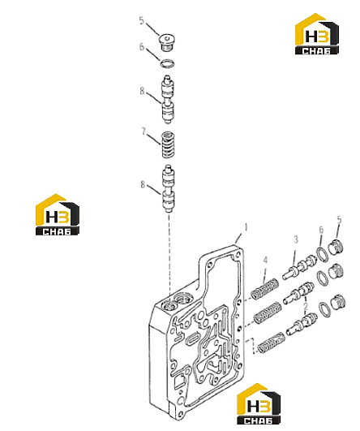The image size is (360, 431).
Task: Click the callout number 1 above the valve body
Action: pos(246,227)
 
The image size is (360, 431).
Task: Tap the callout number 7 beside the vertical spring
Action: pos(144,131)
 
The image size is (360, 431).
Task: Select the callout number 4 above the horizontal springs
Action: pos(265,260)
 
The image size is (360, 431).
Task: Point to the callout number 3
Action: pos(295,239)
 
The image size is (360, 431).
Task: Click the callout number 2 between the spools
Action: pos(306,306)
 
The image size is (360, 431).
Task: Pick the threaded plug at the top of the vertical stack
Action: pos(167,42)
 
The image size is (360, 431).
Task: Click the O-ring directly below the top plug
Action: pos(168,63)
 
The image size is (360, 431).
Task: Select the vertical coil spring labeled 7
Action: pos(168,145)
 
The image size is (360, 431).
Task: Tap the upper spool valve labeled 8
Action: pos(168,100)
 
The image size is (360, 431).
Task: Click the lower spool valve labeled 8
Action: pos(168,188)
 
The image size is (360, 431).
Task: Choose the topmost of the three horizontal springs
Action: pos(265,289)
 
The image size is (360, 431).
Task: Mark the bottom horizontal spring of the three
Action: pos(271,343)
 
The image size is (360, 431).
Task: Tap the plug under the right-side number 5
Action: pos(336,247)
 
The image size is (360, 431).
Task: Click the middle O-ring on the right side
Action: pos(323,278)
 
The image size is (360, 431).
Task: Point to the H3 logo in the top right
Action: pos(316,34)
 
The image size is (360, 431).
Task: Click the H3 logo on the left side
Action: pos(58,214)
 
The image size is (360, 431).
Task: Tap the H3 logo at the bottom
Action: pos(259,403)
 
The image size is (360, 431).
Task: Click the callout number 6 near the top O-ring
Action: pos(142,47)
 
